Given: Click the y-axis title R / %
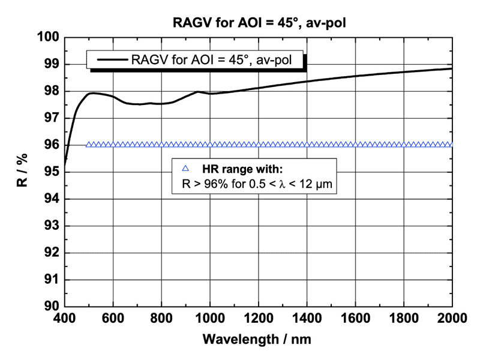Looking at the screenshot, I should (x=22, y=172).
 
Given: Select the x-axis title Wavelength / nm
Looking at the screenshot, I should (x=257, y=338).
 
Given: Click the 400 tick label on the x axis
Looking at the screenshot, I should (x=64, y=318).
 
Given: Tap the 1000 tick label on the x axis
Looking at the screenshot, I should (x=209, y=318).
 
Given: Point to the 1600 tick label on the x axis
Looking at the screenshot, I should (x=355, y=318).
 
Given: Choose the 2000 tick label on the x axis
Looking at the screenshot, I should (x=451, y=318).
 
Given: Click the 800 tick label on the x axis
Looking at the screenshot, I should (x=161, y=318).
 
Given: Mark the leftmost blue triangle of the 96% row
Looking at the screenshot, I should (x=89, y=145).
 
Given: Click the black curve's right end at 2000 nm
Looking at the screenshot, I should (x=451, y=68).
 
